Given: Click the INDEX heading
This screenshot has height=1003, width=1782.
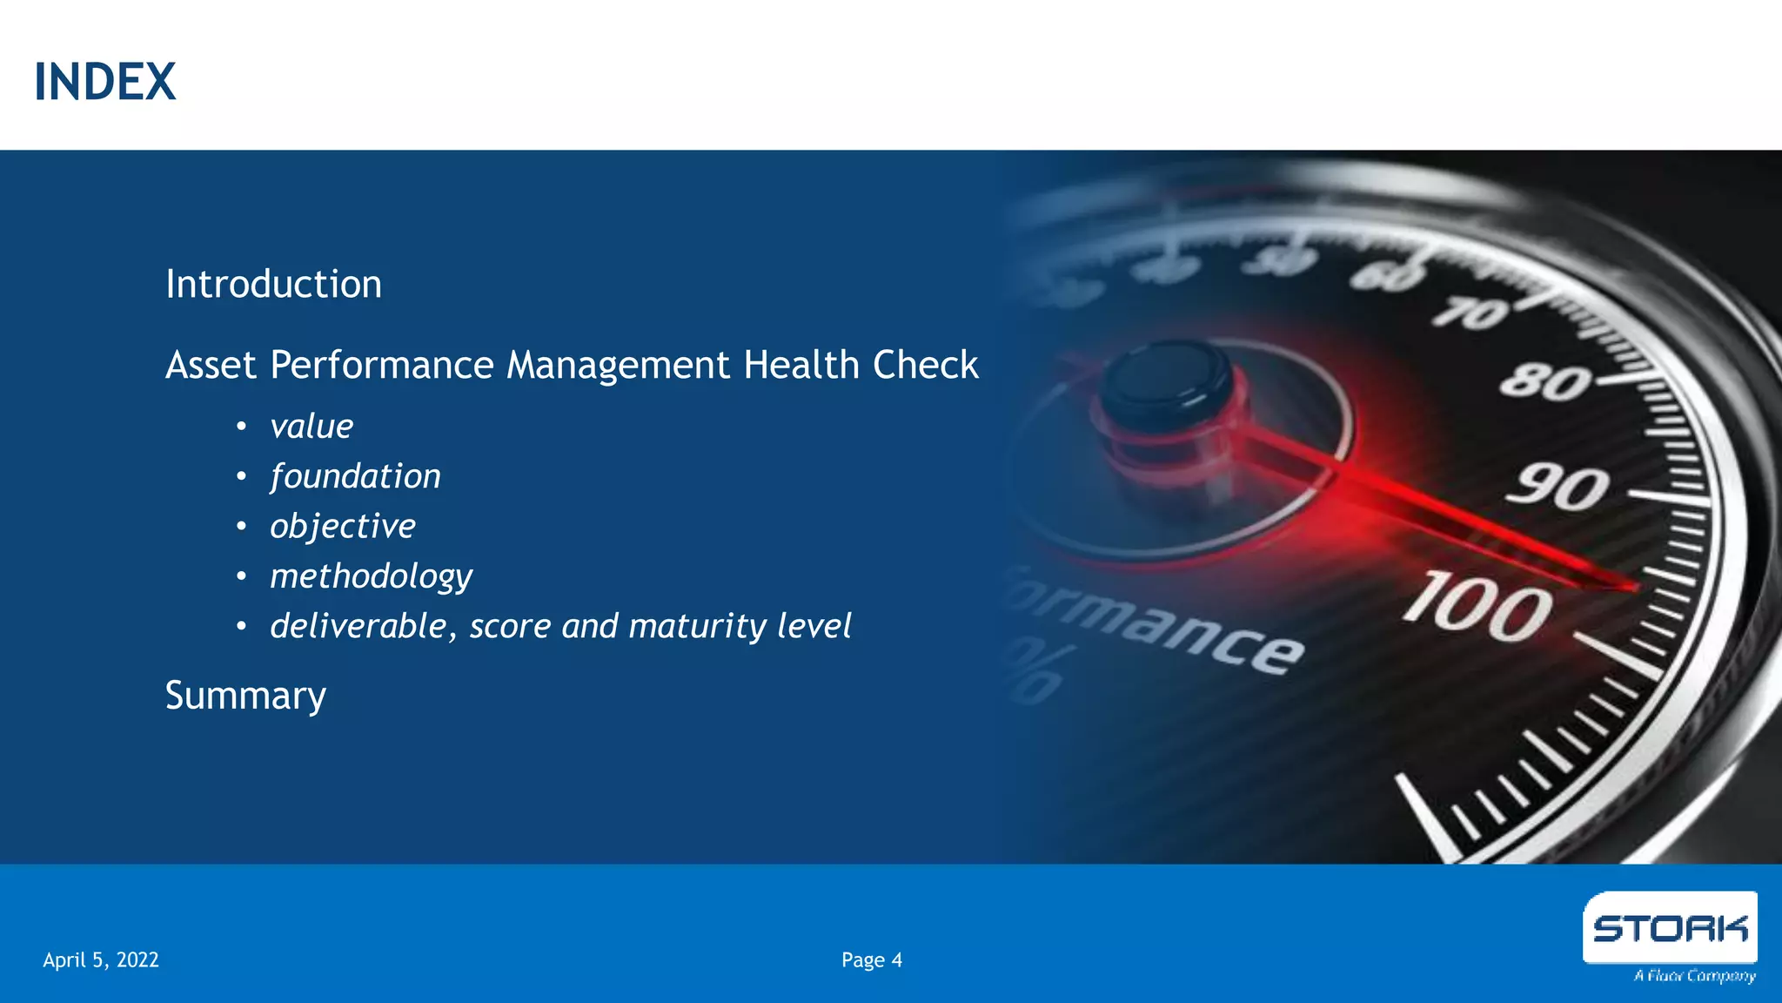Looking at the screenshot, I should click(x=105, y=83).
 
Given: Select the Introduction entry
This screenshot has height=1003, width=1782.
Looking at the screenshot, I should click(x=273, y=285).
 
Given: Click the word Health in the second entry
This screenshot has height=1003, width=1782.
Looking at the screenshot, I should click(x=801, y=365).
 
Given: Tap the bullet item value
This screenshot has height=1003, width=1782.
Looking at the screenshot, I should click(x=312, y=427).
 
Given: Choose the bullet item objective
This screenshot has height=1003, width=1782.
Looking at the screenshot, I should click(x=343, y=527).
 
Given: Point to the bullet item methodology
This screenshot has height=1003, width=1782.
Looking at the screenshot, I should click(x=371, y=576).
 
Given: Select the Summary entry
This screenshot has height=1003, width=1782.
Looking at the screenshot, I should click(x=245, y=696).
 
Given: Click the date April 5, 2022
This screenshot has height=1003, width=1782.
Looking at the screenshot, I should click(x=101, y=960).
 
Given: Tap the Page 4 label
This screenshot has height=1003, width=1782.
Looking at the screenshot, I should click(x=872, y=960).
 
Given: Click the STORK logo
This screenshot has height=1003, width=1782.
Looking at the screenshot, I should click(x=1670, y=929).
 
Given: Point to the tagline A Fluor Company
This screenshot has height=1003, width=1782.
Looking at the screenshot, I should click(x=1694, y=976).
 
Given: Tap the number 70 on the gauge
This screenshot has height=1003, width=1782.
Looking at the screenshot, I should click(x=1471, y=313).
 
